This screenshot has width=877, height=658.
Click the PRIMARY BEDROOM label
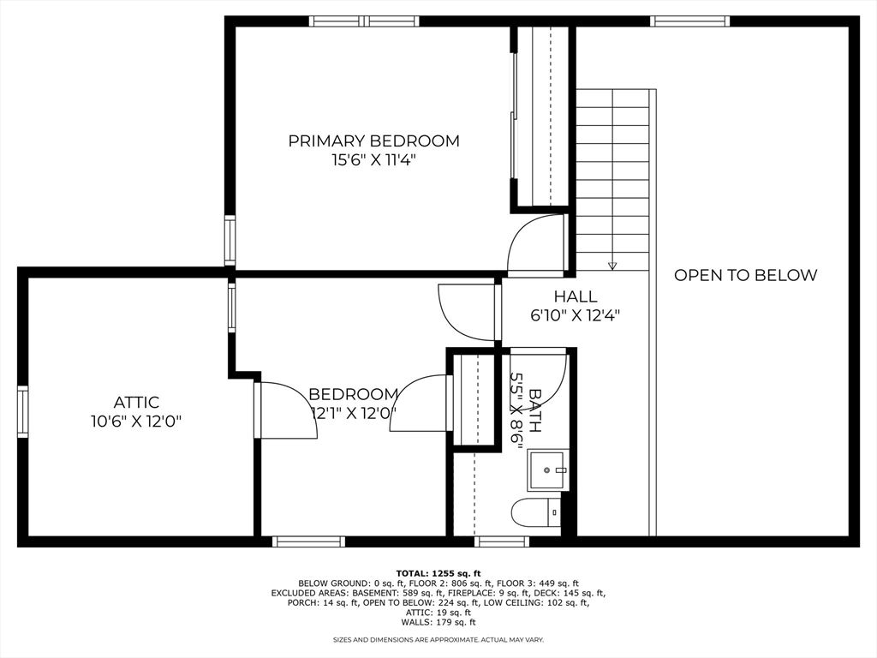373,141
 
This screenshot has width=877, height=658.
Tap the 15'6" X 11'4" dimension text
373,159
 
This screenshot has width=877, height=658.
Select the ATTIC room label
136,402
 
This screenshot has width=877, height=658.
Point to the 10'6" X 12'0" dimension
136,421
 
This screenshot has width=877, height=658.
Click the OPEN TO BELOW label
745,275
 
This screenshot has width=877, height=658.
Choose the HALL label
575,296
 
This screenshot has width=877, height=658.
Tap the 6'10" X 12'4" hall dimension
575,315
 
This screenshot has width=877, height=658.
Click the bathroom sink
546,470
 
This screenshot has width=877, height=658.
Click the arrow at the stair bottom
612,265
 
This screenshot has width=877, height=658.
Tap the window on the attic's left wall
23,411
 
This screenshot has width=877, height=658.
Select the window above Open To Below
689,21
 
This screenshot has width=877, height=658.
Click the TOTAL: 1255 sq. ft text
438,573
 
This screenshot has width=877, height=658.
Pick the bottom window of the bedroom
308,541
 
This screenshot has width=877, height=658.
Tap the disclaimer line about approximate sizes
438,639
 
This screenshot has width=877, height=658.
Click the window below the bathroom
502,541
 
